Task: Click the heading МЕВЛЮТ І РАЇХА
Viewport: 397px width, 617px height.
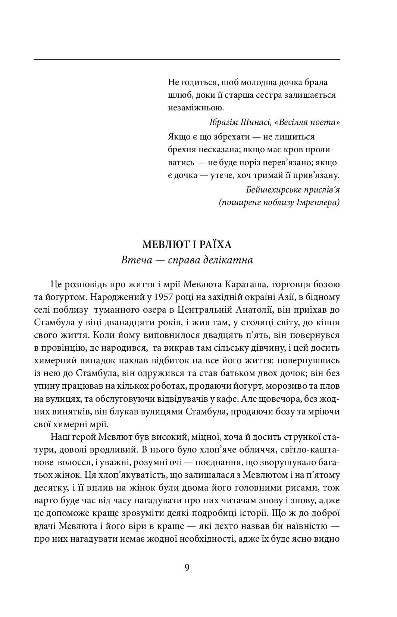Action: pyautogui.click(x=187, y=245)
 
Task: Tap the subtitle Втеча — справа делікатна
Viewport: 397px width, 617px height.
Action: pyautogui.click(x=187, y=260)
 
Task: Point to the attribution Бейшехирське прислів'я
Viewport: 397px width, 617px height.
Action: pyautogui.click(x=293, y=190)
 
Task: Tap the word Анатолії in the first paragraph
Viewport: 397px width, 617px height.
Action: pyautogui.click(x=259, y=310)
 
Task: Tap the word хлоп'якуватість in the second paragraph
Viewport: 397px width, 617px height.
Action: pyautogui.click(x=134, y=475)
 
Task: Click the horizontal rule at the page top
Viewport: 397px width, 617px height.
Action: pyautogui.click(x=187, y=59)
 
